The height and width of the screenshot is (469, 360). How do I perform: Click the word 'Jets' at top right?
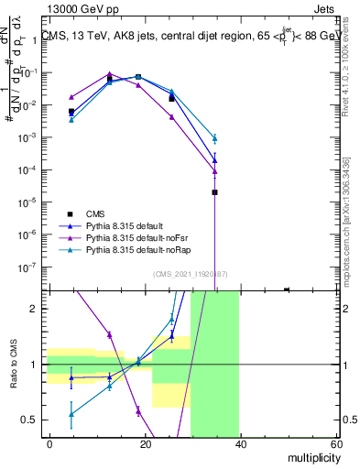tap(325, 8)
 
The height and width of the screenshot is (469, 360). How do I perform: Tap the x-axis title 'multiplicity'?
tap(310, 457)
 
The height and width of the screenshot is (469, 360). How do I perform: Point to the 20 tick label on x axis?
tap(145, 443)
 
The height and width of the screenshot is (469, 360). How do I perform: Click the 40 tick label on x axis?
tap(241, 443)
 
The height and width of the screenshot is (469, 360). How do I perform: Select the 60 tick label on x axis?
tap(335, 443)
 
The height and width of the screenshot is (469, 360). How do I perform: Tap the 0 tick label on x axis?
tap(49, 443)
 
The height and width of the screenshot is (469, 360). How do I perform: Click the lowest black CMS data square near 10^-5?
tap(214, 192)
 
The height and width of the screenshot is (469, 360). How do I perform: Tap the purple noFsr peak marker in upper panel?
tap(109, 74)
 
